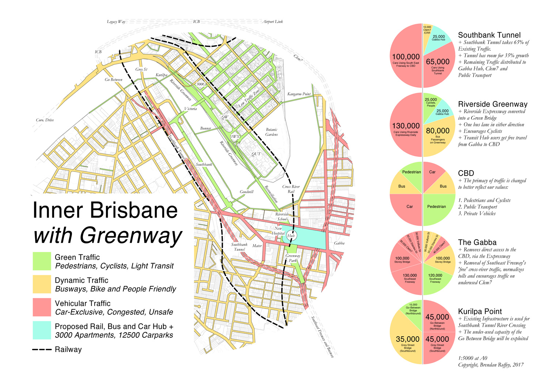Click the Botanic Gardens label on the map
(x=271, y=132)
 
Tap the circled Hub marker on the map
(x=291, y=235)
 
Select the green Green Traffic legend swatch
(x=42, y=261)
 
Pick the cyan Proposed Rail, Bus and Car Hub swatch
(x=42, y=330)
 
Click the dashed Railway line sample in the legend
(x=42, y=350)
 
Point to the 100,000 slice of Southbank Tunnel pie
(x=406, y=58)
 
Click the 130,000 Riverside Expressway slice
(x=406, y=128)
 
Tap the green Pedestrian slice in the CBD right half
(x=437, y=208)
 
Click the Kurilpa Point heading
(x=480, y=311)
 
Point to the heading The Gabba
(x=477, y=242)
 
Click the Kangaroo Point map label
(x=299, y=94)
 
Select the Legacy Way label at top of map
(x=116, y=22)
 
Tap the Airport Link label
(x=273, y=22)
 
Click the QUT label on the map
(x=256, y=154)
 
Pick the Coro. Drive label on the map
(x=45, y=120)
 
